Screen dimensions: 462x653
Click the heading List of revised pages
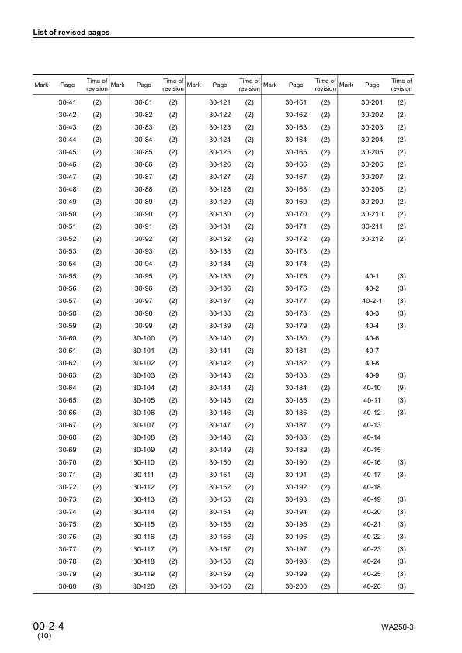pos(71,33)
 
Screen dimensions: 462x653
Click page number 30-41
pos(68,102)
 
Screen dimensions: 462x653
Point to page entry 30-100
pos(144,338)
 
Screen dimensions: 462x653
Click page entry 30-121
pos(221,102)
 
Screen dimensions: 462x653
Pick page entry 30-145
pos(221,400)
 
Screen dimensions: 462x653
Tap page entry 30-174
pos(296,264)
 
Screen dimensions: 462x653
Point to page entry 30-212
pos(372,239)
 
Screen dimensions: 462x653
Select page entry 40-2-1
pos(372,301)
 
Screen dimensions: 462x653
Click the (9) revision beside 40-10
pos(401,387)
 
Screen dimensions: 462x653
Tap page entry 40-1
pos(372,276)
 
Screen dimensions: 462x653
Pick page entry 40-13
pos(372,424)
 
